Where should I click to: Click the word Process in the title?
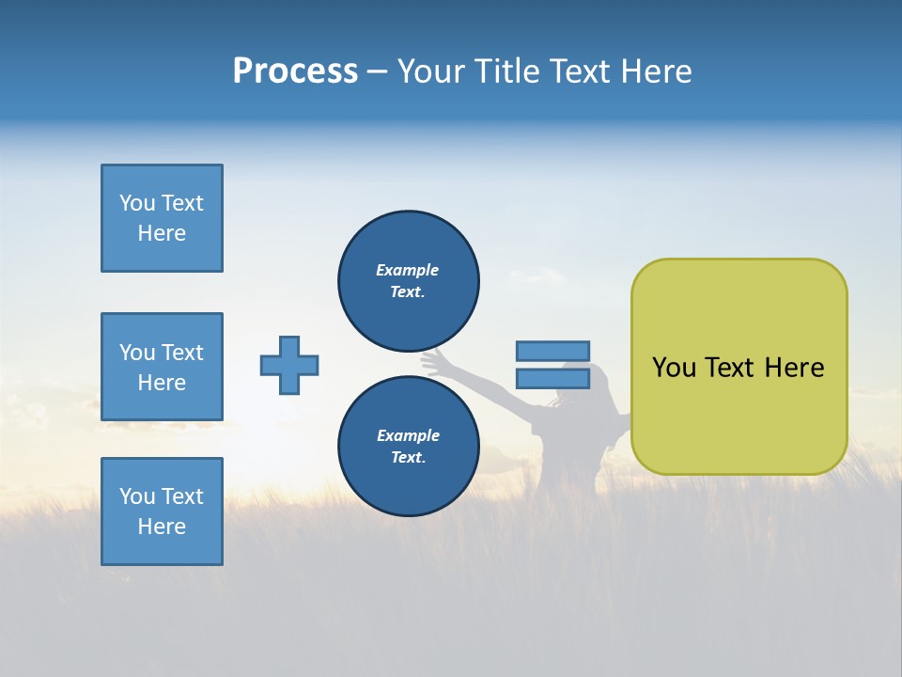pos(295,71)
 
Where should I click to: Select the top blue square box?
pos(162,218)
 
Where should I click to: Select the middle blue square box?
pos(162,367)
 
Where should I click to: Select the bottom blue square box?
pos(162,512)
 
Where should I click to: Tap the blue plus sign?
pos(289,365)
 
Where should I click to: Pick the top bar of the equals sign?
pos(552,351)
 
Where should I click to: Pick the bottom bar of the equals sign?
pos(552,378)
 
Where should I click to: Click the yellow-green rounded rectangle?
pos(739,414)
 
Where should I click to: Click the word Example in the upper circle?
pos(407,270)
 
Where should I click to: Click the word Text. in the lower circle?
pos(408,458)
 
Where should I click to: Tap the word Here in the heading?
pos(655,71)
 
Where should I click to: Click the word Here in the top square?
pos(162,233)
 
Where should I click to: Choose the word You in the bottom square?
pos(137,496)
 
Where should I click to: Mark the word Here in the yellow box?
pos(794,368)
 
